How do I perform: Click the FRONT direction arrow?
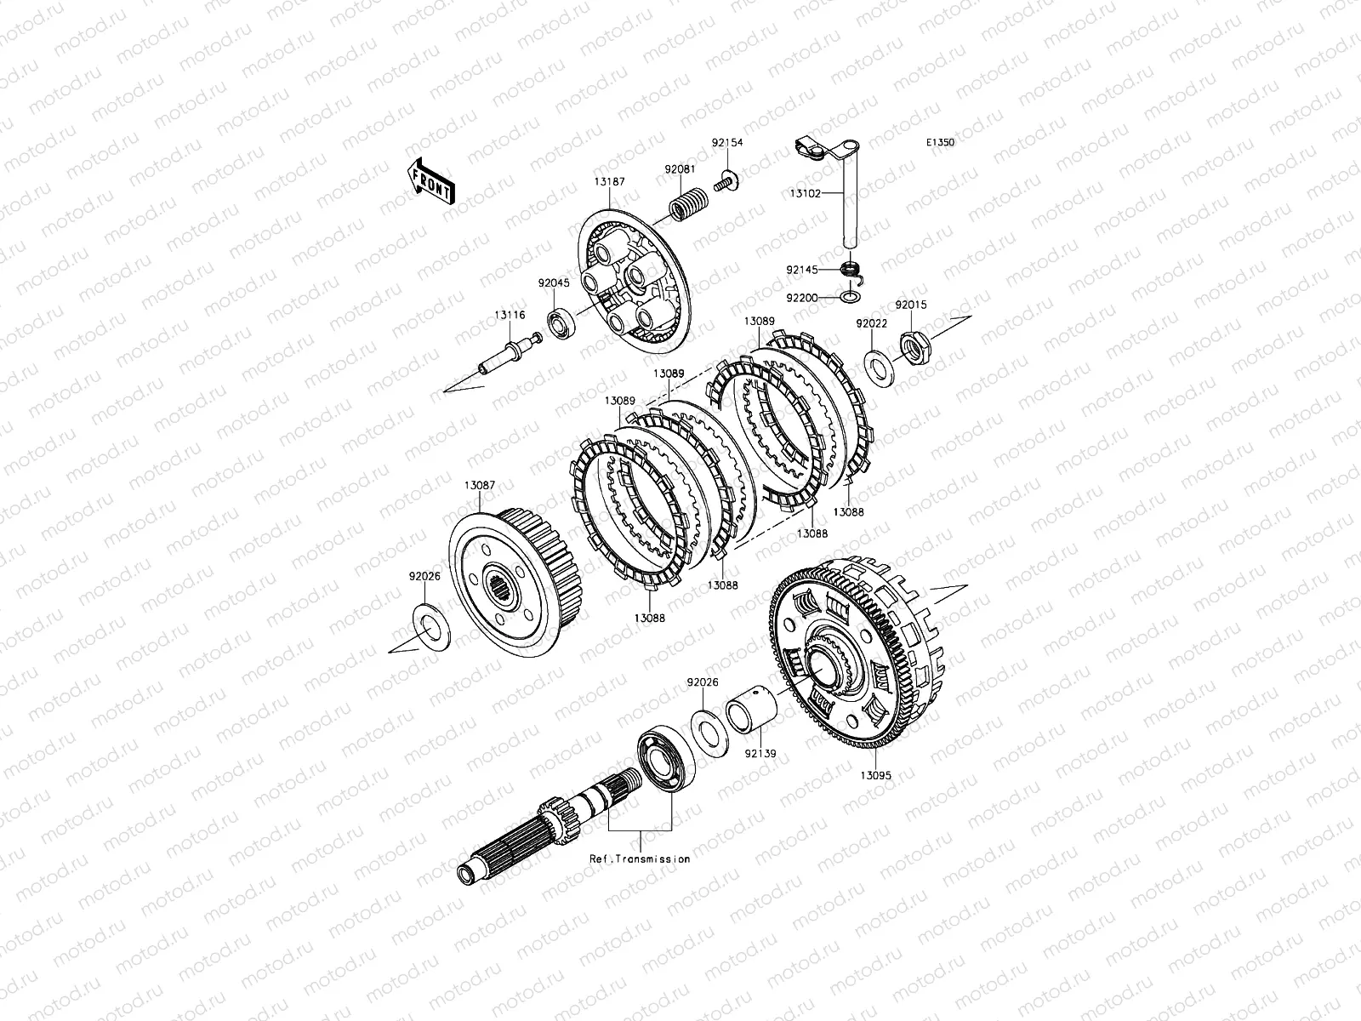click(x=431, y=181)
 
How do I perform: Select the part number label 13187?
click(x=609, y=181)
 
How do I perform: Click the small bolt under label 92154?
click(x=726, y=182)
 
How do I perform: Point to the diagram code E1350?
click(x=940, y=142)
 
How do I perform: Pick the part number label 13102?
click(x=805, y=193)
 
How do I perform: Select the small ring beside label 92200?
click(x=850, y=298)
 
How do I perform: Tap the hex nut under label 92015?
click(x=914, y=348)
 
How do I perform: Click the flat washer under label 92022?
click(x=880, y=368)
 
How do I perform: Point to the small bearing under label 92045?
click(x=561, y=323)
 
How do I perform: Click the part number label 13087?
click(x=480, y=485)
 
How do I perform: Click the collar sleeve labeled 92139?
click(x=751, y=710)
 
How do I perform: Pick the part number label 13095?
click(x=875, y=775)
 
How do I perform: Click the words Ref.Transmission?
click(x=640, y=858)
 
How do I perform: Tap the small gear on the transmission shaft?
click(x=559, y=822)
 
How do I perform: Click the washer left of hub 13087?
click(x=431, y=627)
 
